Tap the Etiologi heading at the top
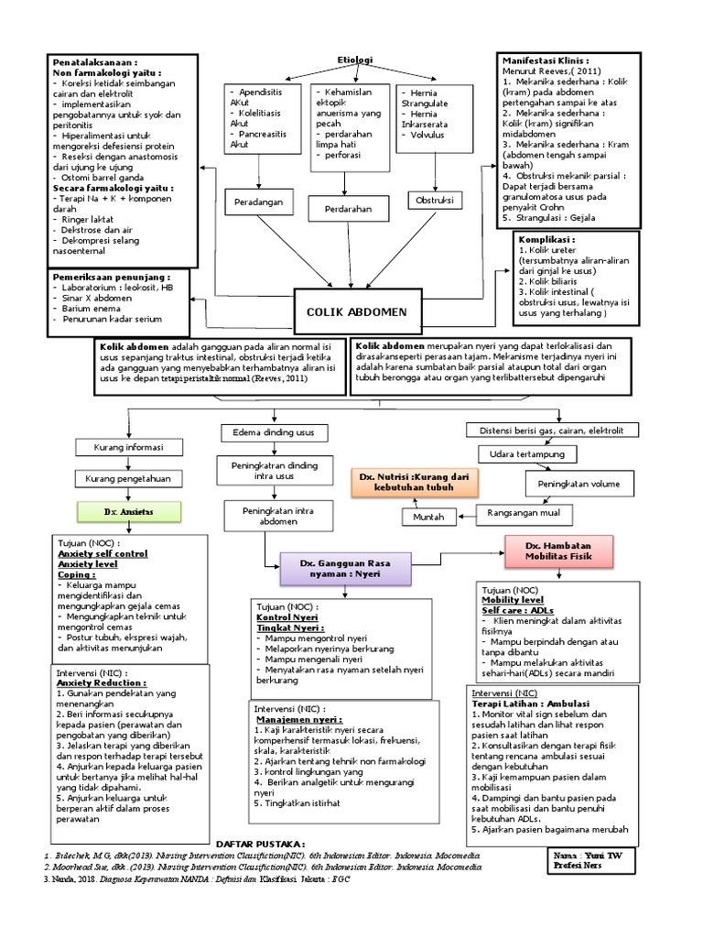pos(355,60)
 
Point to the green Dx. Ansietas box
pos(127,511)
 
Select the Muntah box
pos(430,518)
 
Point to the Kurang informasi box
pos(123,447)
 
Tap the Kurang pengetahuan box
pos(123,479)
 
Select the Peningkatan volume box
pos(579,483)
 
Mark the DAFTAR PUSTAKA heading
pos(259,843)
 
